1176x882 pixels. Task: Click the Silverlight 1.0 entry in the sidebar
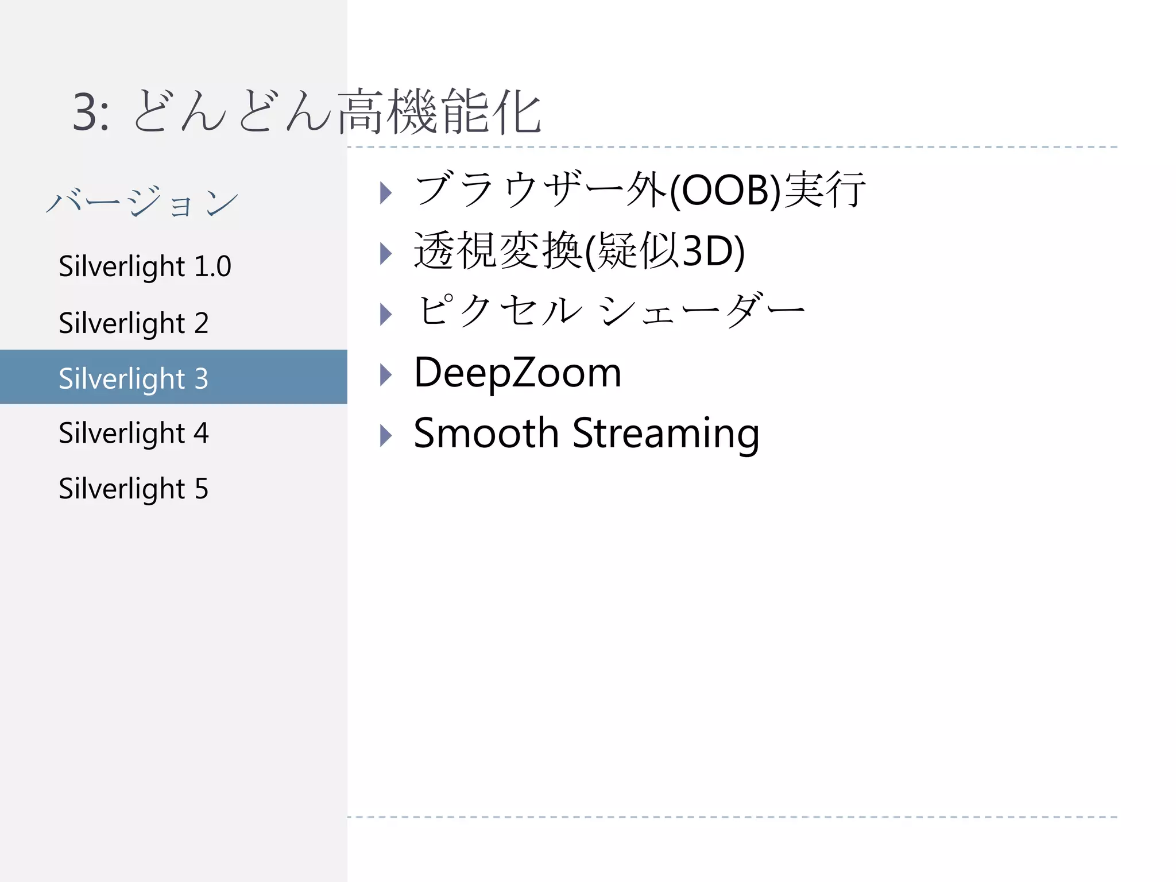click(x=145, y=266)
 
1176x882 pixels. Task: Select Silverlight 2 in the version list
click(x=133, y=323)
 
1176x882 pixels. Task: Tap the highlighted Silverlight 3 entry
click(x=133, y=378)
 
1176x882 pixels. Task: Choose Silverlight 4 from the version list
click(x=133, y=433)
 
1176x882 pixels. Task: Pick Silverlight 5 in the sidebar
click(x=133, y=489)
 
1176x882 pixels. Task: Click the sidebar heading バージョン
click(x=142, y=202)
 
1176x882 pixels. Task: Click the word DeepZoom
click(x=517, y=373)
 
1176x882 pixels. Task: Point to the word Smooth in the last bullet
click(x=486, y=433)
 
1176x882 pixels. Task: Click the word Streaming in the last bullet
click(x=666, y=434)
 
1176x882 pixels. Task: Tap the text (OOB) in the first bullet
click(x=725, y=191)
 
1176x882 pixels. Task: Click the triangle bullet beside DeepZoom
click(x=386, y=375)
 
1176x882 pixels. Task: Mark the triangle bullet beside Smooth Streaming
click(x=386, y=436)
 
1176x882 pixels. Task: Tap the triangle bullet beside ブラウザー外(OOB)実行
click(x=386, y=193)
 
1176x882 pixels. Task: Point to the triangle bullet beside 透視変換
click(x=386, y=253)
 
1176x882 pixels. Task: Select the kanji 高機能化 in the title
click(x=439, y=112)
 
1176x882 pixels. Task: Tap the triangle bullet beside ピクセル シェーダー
click(x=386, y=314)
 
